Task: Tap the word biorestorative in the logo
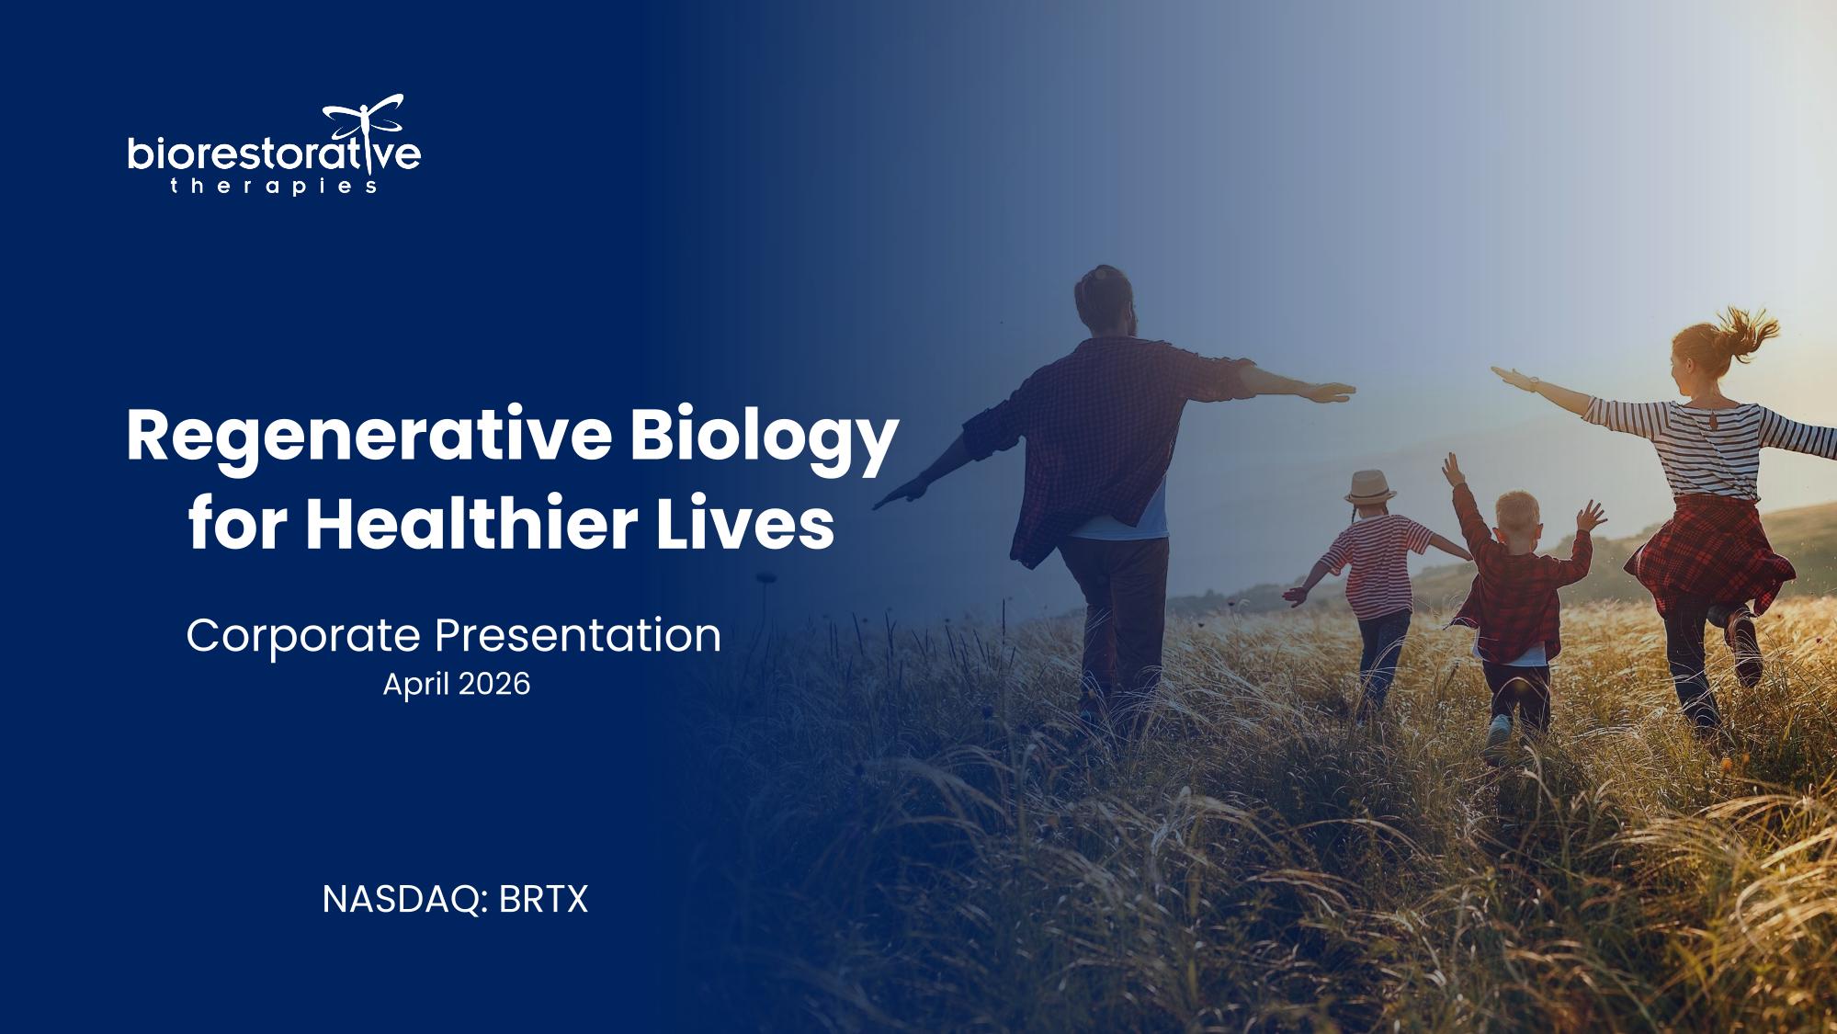point(274,153)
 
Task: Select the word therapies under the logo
point(274,187)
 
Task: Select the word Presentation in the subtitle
point(578,635)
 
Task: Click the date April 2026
point(457,685)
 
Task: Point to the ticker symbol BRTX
point(543,899)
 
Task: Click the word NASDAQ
point(403,899)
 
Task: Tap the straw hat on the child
point(1369,486)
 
